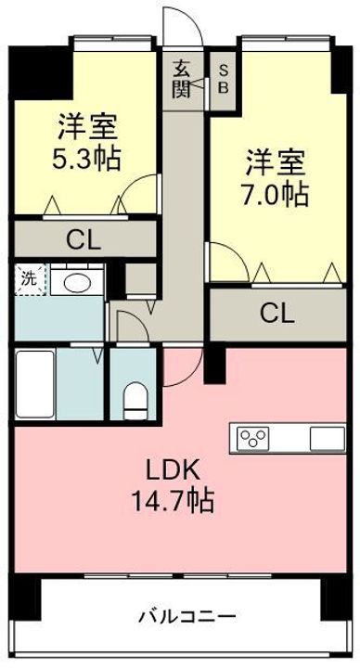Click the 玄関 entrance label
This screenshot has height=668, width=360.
pyautogui.click(x=183, y=79)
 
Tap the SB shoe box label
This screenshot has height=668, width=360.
pyautogui.click(x=224, y=79)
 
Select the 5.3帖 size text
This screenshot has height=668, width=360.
pyautogui.click(x=86, y=159)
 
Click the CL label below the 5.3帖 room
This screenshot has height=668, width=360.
pyautogui.click(x=84, y=241)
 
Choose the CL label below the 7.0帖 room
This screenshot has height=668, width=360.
pyautogui.click(x=276, y=315)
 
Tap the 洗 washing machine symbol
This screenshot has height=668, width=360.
pyautogui.click(x=31, y=279)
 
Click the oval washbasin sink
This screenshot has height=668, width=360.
pyautogui.click(x=77, y=283)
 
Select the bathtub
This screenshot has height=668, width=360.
pyautogui.click(x=35, y=384)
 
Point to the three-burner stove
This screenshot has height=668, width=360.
pyautogui.click(x=253, y=438)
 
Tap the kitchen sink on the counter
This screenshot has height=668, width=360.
pyautogui.click(x=327, y=439)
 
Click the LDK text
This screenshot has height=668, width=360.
pyautogui.click(x=173, y=470)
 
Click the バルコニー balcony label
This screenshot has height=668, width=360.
pyautogui.click(x=186, y=616)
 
